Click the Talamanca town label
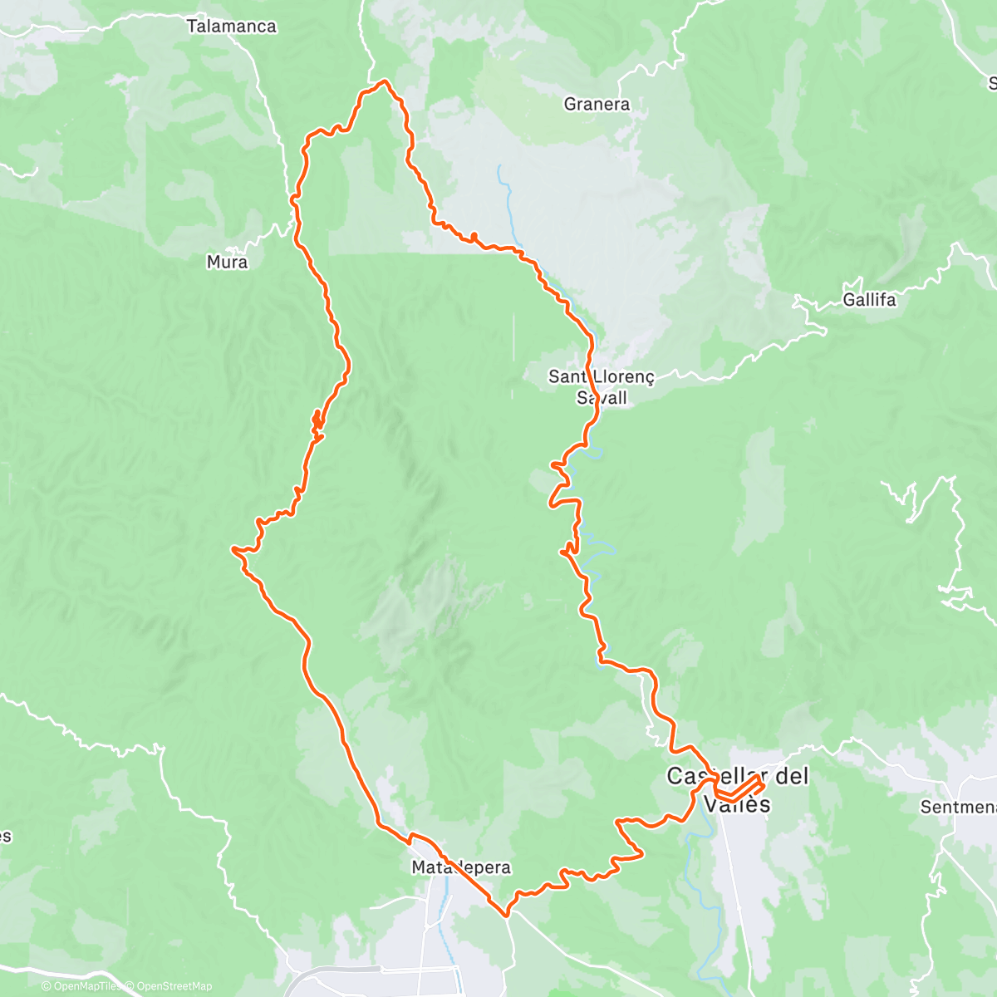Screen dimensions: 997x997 [x=231, y=26]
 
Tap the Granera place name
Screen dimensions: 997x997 [x=597, y=104]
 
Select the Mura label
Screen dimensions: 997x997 [x=227, y=262]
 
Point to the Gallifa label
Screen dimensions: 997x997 [x=869, y=299]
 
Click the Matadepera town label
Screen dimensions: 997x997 [x=461, y=867]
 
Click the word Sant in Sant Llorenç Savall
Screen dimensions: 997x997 [x=567, y=376]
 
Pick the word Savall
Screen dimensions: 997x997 [x=602, y=398]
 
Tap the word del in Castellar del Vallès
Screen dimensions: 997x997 [x=790, y=776]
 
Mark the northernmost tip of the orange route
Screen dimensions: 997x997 [x=384, y=81]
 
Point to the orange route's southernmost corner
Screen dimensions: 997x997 [x=506, y=916]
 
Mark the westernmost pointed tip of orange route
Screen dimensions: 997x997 [x=233, y=548]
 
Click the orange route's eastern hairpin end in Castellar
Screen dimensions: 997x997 [x=762, y=778]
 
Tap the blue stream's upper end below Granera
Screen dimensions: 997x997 [x=498, y=167]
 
